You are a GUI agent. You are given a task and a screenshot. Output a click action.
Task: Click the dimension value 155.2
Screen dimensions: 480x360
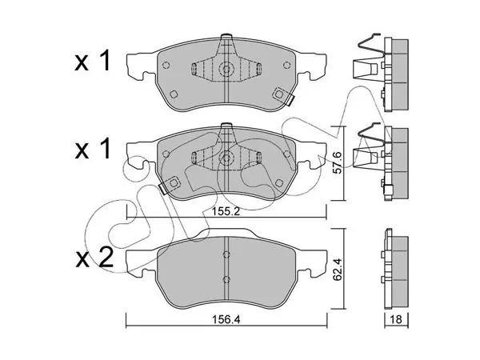[x=226, y=212]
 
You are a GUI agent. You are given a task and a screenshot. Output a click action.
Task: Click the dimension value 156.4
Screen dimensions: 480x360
[x=226, y=319]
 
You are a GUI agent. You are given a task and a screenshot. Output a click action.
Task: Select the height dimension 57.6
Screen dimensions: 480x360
[x=338, y=163]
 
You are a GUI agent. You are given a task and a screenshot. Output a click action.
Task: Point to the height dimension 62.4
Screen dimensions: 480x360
[x=338, y=270]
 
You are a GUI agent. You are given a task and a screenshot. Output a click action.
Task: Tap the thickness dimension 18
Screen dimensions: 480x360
[x=396, y=319]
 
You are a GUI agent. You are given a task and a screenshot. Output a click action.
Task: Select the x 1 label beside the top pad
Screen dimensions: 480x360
[x=93, y=61]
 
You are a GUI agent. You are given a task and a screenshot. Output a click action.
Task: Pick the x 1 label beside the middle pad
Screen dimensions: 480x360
[x=93, y=148]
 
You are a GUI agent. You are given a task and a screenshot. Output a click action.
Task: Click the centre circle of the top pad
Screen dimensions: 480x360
[x=226, y=69]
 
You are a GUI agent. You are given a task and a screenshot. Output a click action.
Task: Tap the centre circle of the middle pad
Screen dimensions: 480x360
[x=226, y=158]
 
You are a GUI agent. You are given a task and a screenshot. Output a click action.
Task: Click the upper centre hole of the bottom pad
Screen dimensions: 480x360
[x=226, y=254]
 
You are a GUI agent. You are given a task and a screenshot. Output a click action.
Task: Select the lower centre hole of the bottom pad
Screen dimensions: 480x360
[x=226, y=279]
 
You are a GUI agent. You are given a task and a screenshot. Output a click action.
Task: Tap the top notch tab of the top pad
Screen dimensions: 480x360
[x=226, y=35]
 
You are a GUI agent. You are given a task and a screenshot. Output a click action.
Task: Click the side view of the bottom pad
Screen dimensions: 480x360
[x=396, y=269]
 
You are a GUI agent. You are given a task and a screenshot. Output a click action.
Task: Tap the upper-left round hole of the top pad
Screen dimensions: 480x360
[x=166, y=66]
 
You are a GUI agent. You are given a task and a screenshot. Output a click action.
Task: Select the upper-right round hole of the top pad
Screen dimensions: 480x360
[x=286, y=66]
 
